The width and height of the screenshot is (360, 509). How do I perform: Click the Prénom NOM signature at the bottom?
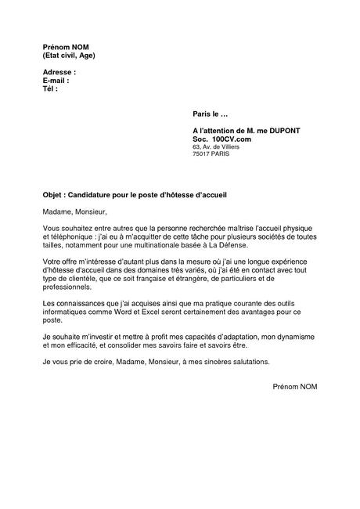(295, 387)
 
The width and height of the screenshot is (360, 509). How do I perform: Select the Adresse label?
(59, 73)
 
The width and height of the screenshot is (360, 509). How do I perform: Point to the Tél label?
(51, 88)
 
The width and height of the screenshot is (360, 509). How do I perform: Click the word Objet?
(52, 193)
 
